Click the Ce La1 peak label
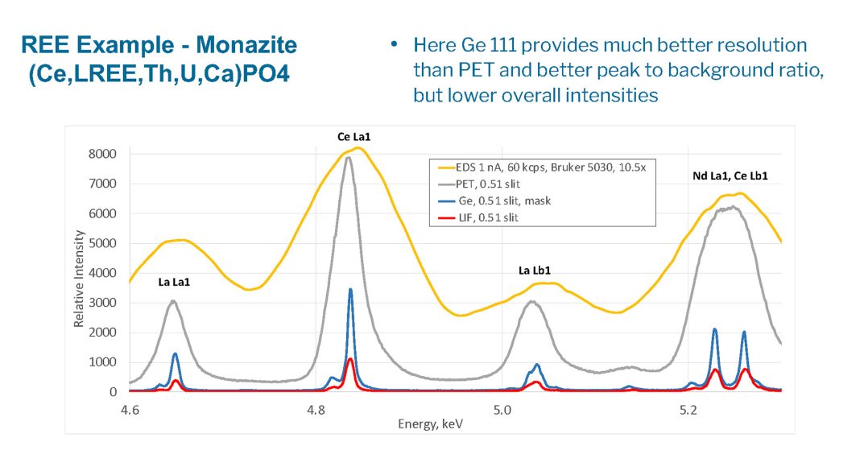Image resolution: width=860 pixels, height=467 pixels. pos(354,138)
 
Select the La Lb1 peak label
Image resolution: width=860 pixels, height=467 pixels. pos(534,271)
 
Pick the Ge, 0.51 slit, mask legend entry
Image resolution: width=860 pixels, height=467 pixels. pos(515,200)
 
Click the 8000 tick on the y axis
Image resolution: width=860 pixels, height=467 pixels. pos(102,154)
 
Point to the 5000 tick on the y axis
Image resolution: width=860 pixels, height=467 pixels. pos(102,243)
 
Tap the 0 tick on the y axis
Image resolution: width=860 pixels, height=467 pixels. pos(114,392)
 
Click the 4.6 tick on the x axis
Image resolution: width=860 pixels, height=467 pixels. pos(130,409)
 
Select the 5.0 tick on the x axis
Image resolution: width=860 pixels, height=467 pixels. pos(502,409)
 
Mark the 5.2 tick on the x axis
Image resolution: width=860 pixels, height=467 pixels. pos(688,409)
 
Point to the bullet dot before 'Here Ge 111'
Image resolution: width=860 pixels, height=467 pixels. pos(394,44)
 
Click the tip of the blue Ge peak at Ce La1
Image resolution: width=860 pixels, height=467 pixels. pos(350,289)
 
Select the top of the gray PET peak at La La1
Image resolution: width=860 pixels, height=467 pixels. pos(173,301)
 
